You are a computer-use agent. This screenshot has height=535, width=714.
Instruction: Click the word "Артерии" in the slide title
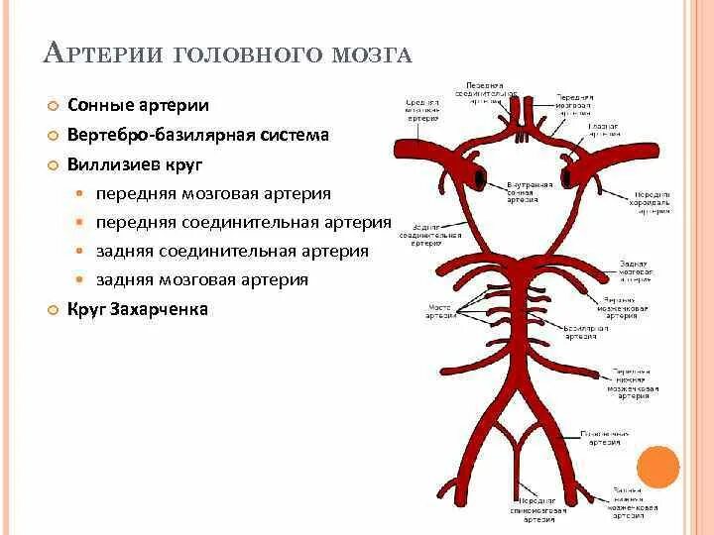click(104, 53)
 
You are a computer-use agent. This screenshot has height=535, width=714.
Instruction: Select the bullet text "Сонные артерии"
click(138, 106)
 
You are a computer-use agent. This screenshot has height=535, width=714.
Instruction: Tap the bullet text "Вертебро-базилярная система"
click(197, 135)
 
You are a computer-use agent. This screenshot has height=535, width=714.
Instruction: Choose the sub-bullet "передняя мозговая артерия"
click(213, 193)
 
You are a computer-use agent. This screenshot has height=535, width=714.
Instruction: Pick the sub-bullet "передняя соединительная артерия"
click(244, 222)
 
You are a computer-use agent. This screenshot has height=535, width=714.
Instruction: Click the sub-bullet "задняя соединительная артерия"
click(232, 251)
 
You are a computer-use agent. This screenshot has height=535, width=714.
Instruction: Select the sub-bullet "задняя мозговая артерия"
click(202, 279)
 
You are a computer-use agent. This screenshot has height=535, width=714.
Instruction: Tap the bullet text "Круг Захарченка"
click(138, 309)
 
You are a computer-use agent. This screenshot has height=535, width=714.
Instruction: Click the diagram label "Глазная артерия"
click(605, 130)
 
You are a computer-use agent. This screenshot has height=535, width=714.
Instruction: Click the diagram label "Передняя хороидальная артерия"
click(654, 203)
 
